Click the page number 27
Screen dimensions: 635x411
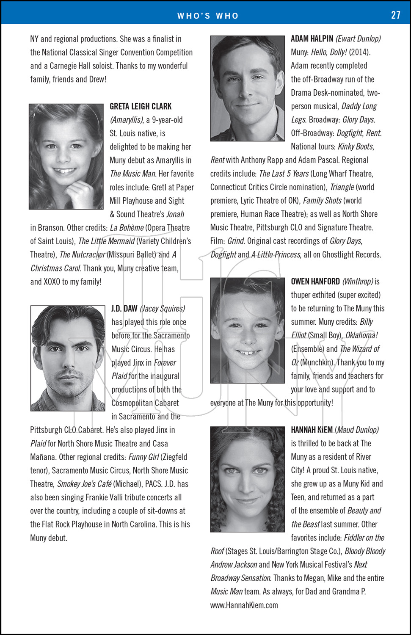[x=395, y=15]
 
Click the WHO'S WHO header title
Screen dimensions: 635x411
[x=208, y=16]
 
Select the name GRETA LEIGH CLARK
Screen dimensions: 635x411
[x=141, y=106]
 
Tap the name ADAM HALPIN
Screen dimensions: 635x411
[x=312, y=39]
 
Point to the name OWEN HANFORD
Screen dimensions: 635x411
[x=315, y=282]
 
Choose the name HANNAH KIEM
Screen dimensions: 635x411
[x=312, y=430]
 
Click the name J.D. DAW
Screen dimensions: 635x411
[x=124, y=309]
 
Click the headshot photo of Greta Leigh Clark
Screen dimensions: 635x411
[x=66, y=157]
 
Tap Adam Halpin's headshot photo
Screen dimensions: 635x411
[x=247, y=88]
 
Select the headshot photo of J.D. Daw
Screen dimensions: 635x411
[x=68, y=358]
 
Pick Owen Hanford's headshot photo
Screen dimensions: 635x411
[x=247, y=330]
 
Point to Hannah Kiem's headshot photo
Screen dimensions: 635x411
[x=247, y=479]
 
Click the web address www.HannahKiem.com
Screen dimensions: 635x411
[x=244, y=605]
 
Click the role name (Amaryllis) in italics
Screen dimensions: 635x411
[x=126, y=120]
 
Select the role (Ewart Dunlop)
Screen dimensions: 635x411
[x=358, y=39]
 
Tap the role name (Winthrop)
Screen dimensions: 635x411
[x=358, y=282]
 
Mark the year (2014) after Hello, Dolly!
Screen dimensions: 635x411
[x=359, y=52]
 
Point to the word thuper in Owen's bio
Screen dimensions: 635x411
[x=302, y=295]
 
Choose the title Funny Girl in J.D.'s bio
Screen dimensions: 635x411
[x=143, y=457]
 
